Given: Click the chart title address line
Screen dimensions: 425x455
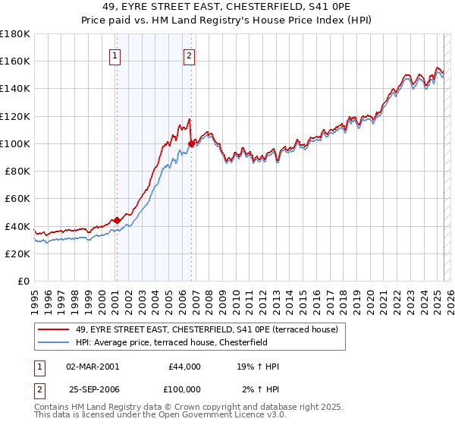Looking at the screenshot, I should pos(227,8).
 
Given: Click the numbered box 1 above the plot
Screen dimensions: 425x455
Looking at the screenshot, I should pos(115,55).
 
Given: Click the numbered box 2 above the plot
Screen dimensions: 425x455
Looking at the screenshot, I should pos(188,55).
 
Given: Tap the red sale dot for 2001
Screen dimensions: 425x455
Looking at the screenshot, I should pos(117,220).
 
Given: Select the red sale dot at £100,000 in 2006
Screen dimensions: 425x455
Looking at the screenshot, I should pos(191,143).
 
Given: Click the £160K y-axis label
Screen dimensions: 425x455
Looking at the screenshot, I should pos(16,61).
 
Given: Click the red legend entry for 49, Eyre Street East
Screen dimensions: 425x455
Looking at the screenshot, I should pos(211,329).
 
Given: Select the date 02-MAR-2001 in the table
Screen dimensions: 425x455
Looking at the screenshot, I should pos(93,367).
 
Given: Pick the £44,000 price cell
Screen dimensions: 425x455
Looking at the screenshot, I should pos(185,367).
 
